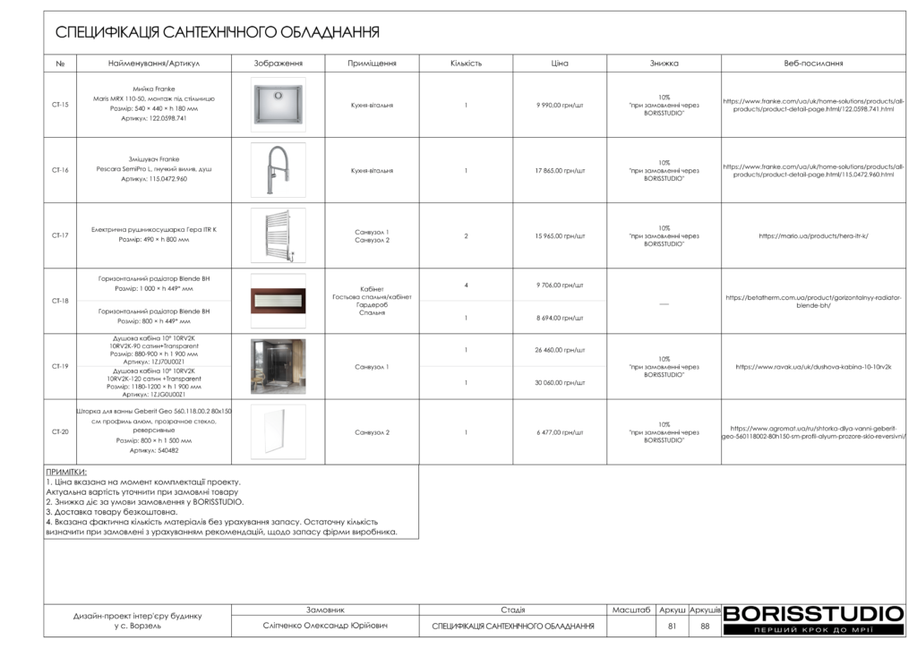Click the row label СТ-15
(x=60, y=105)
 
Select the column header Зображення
(x=278, y=64)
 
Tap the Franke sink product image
(x=278, y=105)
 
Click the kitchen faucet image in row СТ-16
(x=278, y=170)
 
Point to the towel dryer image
(x=278, y=235)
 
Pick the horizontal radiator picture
(x=278, y=301)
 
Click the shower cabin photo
(x=278, y=366)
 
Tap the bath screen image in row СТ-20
(x=278, y=431)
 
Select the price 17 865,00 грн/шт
(x=560, y=170)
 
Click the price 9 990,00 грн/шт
(x=560, y=105)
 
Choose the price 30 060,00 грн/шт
(x=560, y=382)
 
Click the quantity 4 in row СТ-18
(x=467, y=285)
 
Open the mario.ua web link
(x=813, y=236)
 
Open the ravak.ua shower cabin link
(x=813, y=367)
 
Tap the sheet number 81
(x=672, y=627)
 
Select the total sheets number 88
(x=705, y=627)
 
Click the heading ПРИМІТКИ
(x=65, y=471)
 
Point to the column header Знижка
(x=664, y=64)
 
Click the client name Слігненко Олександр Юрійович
(x=325, y=627)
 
